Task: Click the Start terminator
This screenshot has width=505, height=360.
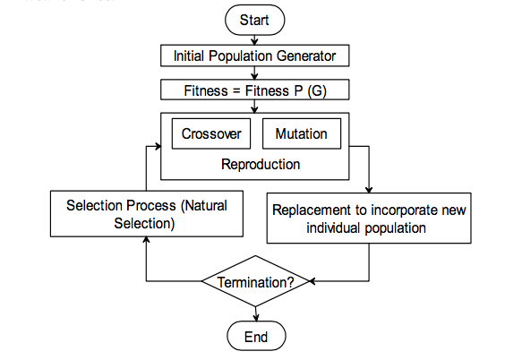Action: coord(255,20)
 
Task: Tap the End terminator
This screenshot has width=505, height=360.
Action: coord(256,336)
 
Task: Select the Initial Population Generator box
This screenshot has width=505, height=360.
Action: coord(255,56)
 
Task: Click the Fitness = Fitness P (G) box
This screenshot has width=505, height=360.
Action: coord(255,90)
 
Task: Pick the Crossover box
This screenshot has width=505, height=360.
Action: coord(211,133)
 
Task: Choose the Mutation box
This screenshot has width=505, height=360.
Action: coord(302,133)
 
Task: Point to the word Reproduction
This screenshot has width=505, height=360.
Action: coord(261,164)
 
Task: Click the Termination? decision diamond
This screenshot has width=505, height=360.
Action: coord(255,281)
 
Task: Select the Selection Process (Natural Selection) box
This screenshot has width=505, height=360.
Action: coord(147,214)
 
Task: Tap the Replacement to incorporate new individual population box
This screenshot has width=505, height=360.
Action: coord(369,218)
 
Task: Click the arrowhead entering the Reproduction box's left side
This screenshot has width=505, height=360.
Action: coord(158,147)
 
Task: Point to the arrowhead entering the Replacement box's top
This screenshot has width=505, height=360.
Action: coord(369,189)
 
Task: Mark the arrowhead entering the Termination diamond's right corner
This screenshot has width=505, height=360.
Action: coord(312,281)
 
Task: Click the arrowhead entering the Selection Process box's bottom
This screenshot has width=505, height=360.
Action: coord(146,240)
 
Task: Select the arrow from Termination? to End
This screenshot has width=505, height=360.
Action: coord(256,314)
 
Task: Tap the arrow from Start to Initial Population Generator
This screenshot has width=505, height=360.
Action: coord(255,40)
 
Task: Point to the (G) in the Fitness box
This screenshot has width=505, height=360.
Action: coord(317,90)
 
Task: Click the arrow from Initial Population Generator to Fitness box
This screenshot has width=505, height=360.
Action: coord(255,73)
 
